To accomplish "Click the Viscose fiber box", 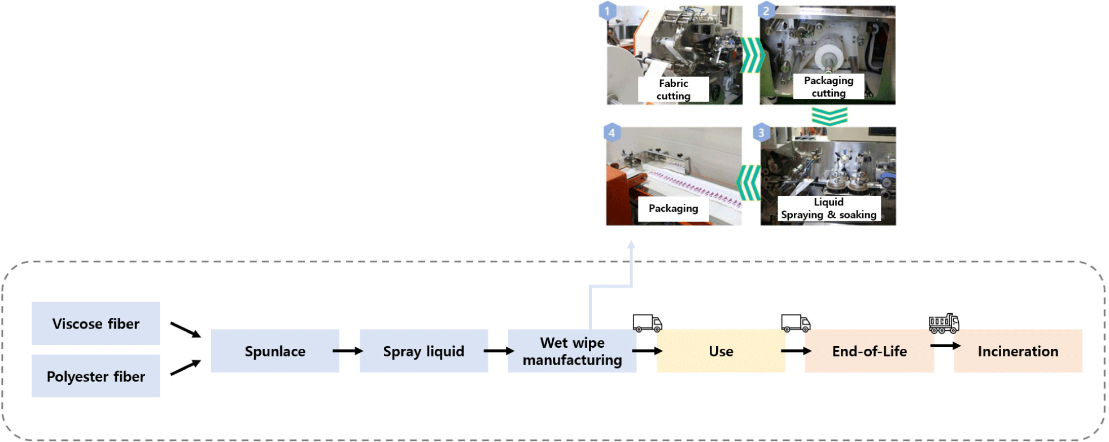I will pos(95,323).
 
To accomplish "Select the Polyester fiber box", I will pos(95,376).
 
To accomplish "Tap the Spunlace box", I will pos(274,351).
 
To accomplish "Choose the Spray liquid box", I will pos(423,351).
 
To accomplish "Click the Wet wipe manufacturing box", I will pos(572,351).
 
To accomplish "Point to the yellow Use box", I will pos(721,351).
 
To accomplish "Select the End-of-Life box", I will pos(869,351).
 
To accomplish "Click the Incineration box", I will pos(1018,351).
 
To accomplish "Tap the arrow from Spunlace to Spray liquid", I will pos(348,351).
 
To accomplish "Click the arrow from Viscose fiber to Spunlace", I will pos(186,330).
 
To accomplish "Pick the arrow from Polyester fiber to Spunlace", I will pos(186,368).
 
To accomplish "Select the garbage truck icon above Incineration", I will pos(944,323).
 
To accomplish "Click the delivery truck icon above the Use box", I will pos(647,323).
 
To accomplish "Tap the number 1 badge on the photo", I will pos(607,11).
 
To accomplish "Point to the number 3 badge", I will pos(761,133).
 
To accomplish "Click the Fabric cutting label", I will pos(673,90).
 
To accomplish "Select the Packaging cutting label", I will pos(828,87).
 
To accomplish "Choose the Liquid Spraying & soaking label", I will pos(828,208).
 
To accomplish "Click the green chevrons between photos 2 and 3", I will pos(829,116).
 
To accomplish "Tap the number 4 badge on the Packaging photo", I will pos(612,133).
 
